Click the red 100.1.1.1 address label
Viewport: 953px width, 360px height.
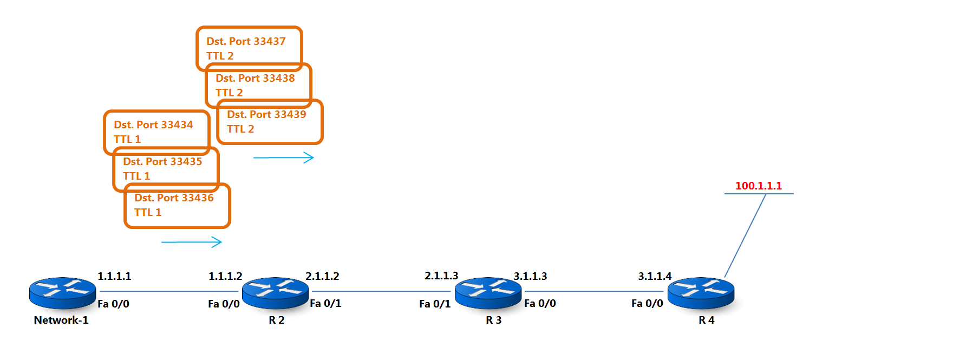click(x=758, y=186)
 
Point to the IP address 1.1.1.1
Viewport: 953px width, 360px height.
click(x=114, y=276)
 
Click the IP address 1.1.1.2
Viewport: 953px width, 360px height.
click(x=225, y=276)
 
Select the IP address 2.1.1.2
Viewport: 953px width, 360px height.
click(x=322, y=276)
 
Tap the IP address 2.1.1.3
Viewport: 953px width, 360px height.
click(x=441, y=276)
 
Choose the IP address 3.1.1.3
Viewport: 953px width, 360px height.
click(x=530, y=276)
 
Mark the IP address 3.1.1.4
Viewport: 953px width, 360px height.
click(x=655, y=276)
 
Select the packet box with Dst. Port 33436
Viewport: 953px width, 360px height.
click(x=178, y=206)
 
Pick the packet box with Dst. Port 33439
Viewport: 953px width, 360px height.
click(x=270, y=122)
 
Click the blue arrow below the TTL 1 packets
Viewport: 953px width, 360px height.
click(x=192, y=242)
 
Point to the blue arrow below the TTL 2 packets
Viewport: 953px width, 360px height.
click(x=284, y=158)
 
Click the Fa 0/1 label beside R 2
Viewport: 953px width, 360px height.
click(x=325, y=304)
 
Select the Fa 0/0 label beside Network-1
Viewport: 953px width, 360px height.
click(x=113, y=304)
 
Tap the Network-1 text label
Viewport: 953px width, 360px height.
click(x=61, y=320)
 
